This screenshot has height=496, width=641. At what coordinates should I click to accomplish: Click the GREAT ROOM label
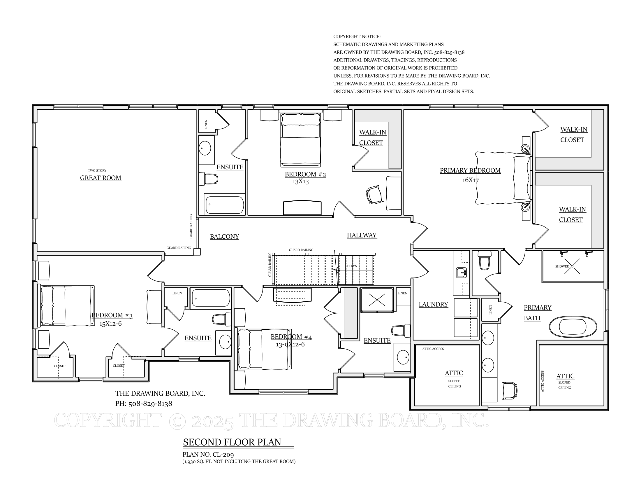click(x=101, y=178)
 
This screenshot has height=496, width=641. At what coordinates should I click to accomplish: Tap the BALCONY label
click(x=225, y=237)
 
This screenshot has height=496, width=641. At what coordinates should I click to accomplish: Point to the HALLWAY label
click(x=362, y=235)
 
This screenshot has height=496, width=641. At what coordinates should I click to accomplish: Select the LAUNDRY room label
click(x=433, y=304)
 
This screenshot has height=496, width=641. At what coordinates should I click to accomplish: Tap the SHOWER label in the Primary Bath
click(x=562, y=266)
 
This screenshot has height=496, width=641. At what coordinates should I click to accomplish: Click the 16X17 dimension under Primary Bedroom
click(x=471, y=180)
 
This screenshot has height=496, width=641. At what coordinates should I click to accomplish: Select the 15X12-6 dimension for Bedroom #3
click(x=110, y=324)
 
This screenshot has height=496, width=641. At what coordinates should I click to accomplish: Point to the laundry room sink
click(x=462, y=273)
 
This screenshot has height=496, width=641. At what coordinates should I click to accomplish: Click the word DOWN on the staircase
click(x=352, y=266)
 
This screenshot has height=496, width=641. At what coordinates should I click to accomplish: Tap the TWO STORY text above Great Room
click(x=97, y=170)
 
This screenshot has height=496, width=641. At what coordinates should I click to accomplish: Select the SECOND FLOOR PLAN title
click(x=232, y=442)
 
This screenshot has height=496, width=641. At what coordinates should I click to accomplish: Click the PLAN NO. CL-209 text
click(x=208, y=455)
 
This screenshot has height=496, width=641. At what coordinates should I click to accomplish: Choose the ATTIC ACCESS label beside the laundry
click(x=433, y=349)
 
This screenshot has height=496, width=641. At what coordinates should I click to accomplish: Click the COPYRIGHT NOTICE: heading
click(x=357, y=37)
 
